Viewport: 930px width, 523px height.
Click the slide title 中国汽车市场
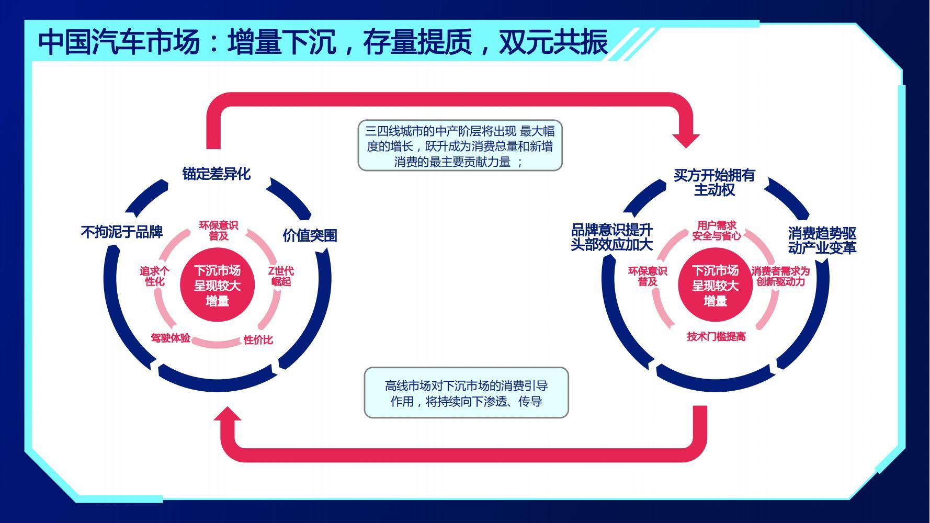(x=119, y=42)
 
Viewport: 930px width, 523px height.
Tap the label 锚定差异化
(x=217, y=174)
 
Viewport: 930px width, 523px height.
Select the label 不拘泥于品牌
(x=122, y=232)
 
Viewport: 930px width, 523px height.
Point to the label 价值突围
(x=310, y=235)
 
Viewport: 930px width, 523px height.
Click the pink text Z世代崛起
(x=281, y=276)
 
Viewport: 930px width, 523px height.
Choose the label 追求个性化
(x=154, y=276)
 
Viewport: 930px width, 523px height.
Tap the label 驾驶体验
(x=171, y=338)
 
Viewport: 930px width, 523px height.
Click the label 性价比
(x=258, y=340)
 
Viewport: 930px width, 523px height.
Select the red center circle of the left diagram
(x=217, y=285)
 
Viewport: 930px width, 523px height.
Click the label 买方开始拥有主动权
(x=714, y=182)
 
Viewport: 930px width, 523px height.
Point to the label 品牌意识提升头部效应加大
(x=611, y=237)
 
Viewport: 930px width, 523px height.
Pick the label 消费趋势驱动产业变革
(x=822, y=241)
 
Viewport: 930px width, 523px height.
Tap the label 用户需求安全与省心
(x=717, y=231)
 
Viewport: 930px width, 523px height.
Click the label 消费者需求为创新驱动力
(x=780, y=276)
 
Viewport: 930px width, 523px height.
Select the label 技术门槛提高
(x=716, y=336)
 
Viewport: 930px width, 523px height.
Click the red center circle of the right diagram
(x=715, y=285)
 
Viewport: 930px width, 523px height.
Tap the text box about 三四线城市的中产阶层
(x=460, y=146)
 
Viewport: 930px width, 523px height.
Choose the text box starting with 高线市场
(x=466, y=393)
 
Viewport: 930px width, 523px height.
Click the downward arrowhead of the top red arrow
(x=686, y=141)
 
